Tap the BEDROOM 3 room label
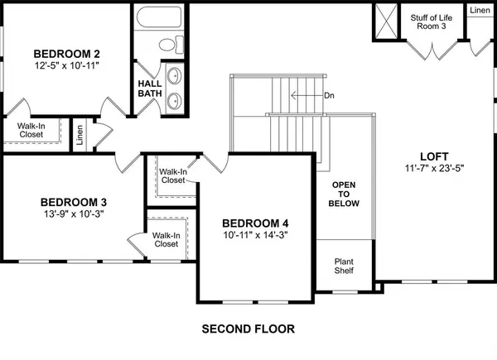pos(74,201)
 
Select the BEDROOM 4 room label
pos(255,223)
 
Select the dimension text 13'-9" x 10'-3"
pos(74,214)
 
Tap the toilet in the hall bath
pos(166,44)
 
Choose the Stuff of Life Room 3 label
pos(431,22)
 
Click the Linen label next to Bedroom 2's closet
pos(80,133)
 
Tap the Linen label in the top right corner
pos(480,11)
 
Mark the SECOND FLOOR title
pos(248,329)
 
